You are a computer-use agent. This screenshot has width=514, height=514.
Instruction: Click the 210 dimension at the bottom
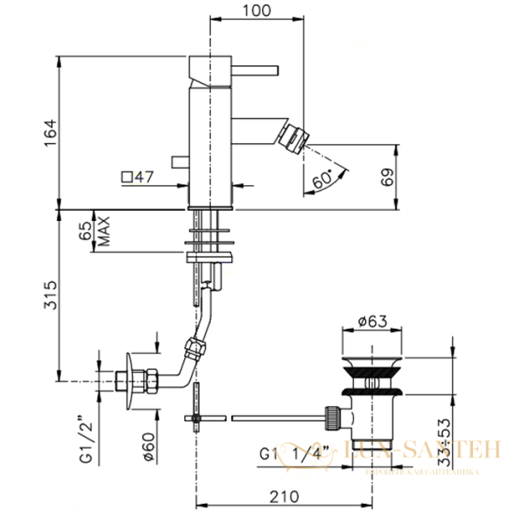[x=284, y=497]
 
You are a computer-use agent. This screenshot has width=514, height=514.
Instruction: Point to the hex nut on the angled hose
[x=195, y=348]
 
